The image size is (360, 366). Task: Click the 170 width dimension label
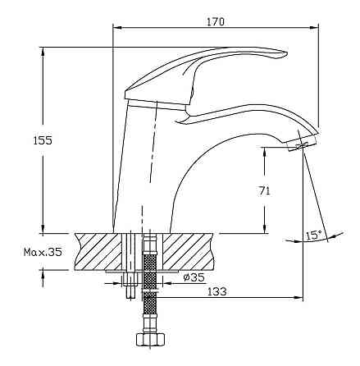tap(215, 21)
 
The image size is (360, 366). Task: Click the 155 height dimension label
tap(43, 140)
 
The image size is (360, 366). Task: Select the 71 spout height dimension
tap(264, 191)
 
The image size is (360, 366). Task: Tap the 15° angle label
tap(313, 236)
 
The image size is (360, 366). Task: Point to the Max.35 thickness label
tap(43, 252)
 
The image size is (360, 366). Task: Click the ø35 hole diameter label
tap(194, 277)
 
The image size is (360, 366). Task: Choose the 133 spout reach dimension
tap(217, 291)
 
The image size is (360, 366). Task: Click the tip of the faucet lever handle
tap(286, 53)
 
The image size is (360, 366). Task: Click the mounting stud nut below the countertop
tap(130, 280)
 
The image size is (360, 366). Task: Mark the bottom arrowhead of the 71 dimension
tap(264, 228)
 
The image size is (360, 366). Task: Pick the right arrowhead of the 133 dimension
tap(298, 297)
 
